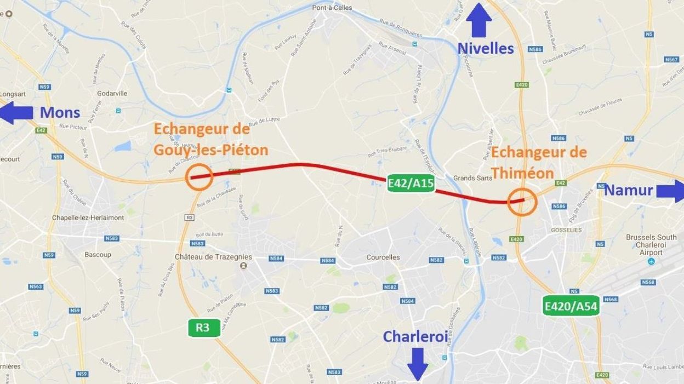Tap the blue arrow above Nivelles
coord(480,20)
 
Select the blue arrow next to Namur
coord(670,191)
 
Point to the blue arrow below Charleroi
coord(418,363)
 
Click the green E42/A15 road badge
coord(411,184)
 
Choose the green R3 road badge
coord(203,328)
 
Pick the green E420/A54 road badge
coord(571,306)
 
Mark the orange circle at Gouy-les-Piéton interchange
coord(199,177)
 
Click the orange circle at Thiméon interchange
coord(521,202)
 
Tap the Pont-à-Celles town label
coord(332,8)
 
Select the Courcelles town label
coord(383,257)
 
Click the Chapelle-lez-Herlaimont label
coord(95,217)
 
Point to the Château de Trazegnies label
coord(213,257)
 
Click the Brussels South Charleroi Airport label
coord(651,245)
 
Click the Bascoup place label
coord(98,255)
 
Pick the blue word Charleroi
coord(415,336)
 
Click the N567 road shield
coord(671,59)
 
